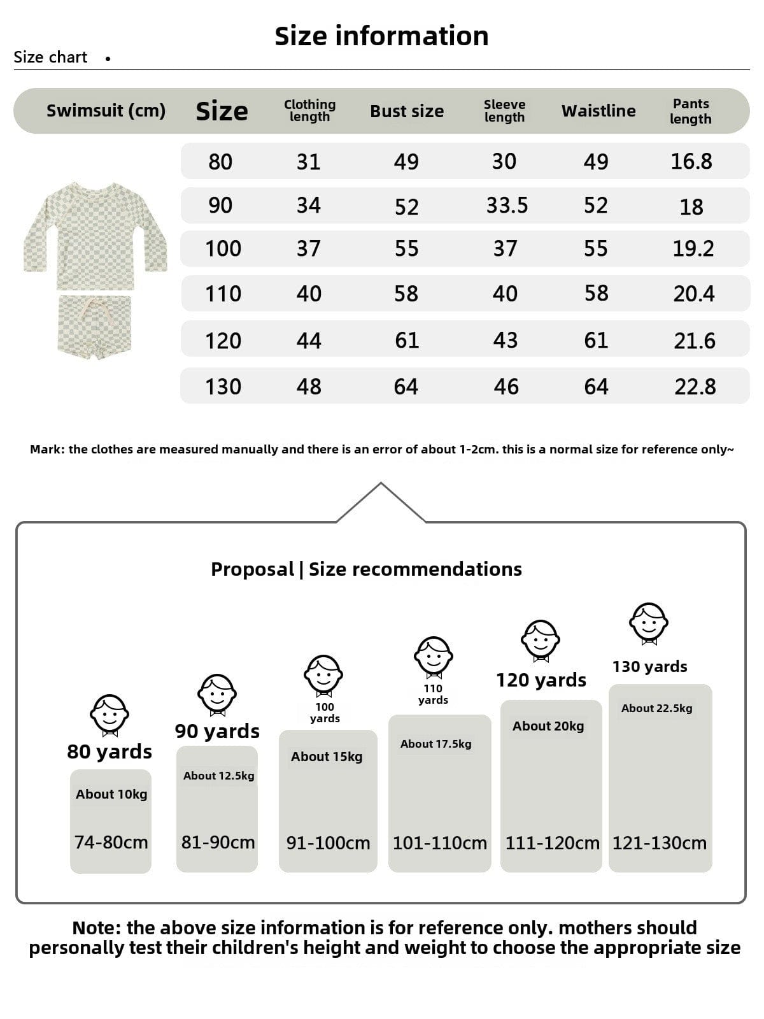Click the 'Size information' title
pyautogui.click(x=381, y=36)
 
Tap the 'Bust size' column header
pyautogui.click(x=407, y=111)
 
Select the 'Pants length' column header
pyautogui.click(x=691, y=111)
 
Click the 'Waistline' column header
pyautogui.click(x=598, y=111)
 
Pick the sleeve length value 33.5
pyautogui.click(x=507, y=205)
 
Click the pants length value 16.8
pyautogui.click(x=691, y=161)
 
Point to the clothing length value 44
pyautogui.click(x=309, y=341)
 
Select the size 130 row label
pyautogui.click(x=223, y=387)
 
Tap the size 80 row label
pyautogui.click(x=220, y=162)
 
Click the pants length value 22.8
pyautogui.click(x=695, y=387)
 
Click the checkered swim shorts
pyautogui.click(x=95, y=326)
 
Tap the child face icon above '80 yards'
pyautogui.click(x=110, y=715)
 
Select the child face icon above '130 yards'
pyautogui.click(x=649, y=623)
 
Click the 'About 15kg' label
pyautogui.click(x=327, y=757)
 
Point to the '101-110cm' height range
pyautogui.click(x=439, y=843)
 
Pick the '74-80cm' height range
pyautogui.click(x=111, y=842)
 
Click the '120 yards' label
pyautogui.click(x=541, y=680)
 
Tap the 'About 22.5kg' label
pyautogui.click(x=656, y=708)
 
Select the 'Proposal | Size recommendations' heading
pyautogui.click(x=366, y=569)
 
